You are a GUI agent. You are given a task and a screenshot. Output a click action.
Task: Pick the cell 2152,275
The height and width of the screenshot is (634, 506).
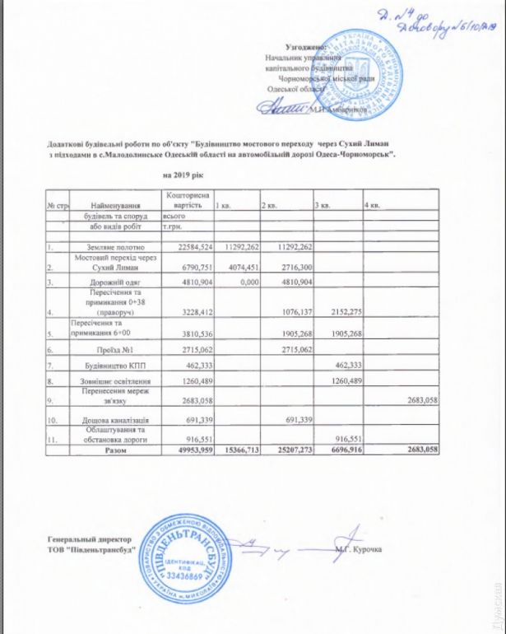339,313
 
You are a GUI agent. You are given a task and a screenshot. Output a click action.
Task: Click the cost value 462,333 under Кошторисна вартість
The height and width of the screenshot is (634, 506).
189,364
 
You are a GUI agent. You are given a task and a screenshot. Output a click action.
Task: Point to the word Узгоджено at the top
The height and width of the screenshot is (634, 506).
305,49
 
